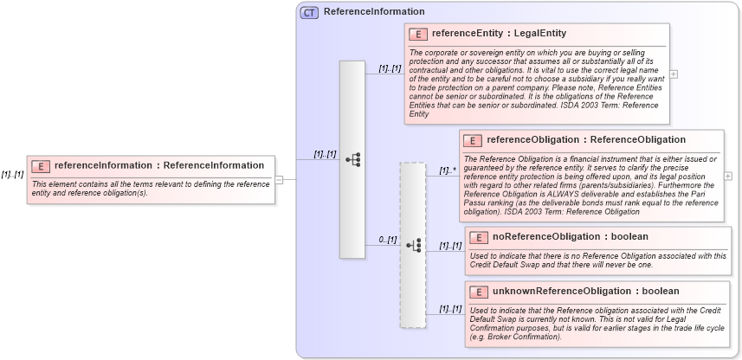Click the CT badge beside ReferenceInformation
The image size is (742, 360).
coord(309,12)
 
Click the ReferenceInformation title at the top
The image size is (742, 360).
coord(374,12)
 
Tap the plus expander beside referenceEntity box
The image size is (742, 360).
coord(674,74)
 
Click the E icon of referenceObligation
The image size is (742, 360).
coord(473,140)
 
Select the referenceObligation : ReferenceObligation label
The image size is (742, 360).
coord(586,139)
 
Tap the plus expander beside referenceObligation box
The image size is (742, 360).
coord(728,177)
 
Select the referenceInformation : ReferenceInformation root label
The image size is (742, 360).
coord(159,165)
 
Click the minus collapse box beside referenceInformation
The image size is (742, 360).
coord(280,180)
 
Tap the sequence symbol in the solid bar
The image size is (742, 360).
coord(352,159)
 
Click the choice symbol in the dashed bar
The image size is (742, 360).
coord(413,245)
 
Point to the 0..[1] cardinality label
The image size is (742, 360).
coord(387,240)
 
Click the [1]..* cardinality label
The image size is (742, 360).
coord(448,170)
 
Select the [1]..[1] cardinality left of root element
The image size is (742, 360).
coord(12,174)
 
